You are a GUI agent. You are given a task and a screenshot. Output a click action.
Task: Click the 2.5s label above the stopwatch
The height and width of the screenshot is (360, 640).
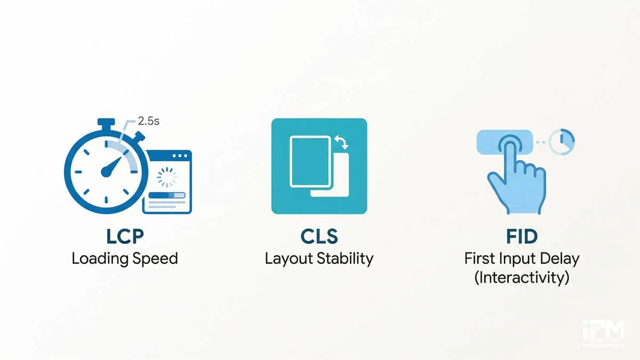pyautogui.click(x=149, y=121)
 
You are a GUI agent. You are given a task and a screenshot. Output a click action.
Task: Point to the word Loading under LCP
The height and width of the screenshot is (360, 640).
pyautogui.click(x=100, y=259)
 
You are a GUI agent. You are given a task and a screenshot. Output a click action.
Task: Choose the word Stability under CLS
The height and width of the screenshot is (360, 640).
pyautogui.click(x=345, y=259)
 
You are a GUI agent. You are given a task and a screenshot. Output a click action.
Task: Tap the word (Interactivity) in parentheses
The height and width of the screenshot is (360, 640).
pyautogui.click(x=521, y=278)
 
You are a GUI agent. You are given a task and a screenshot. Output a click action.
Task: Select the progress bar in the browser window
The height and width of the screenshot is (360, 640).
pyautogui.click(x=167, y=196)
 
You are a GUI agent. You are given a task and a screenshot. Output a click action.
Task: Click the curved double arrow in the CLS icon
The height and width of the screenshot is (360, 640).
pyautogui.click(x=340, y=142)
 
